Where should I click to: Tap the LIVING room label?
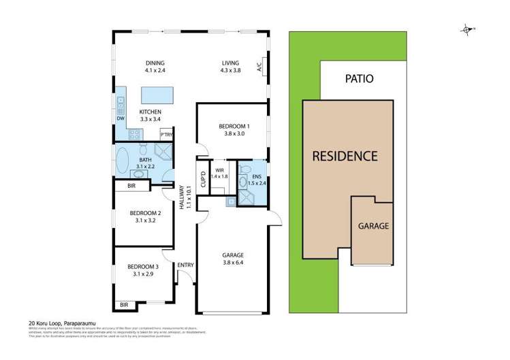[230, 62]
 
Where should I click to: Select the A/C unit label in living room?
[259, 67]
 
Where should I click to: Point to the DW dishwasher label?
[121, 119]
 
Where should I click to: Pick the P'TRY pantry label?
[165, 135]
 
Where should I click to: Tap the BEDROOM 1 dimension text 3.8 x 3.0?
[234, 134]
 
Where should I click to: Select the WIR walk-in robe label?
[219, 170]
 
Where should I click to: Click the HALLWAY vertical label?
[182, 198]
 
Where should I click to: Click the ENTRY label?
[185, 265]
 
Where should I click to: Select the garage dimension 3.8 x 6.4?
[233, 263]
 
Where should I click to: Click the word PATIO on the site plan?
[359, 78]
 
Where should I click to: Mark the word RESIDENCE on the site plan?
[345, 155]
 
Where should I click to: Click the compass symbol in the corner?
[467, 29]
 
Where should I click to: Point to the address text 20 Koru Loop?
[45, 324]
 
